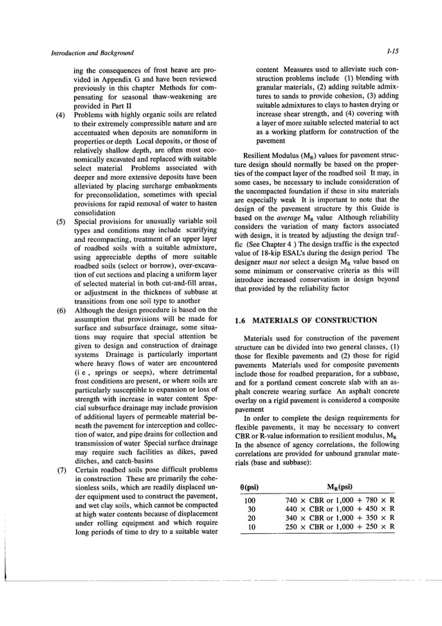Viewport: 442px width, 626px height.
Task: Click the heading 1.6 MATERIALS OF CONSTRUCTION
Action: tap(306, 320)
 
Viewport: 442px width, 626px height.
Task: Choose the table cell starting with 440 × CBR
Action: tap(340, 509)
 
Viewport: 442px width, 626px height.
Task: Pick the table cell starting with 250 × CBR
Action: tap(340, 527)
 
